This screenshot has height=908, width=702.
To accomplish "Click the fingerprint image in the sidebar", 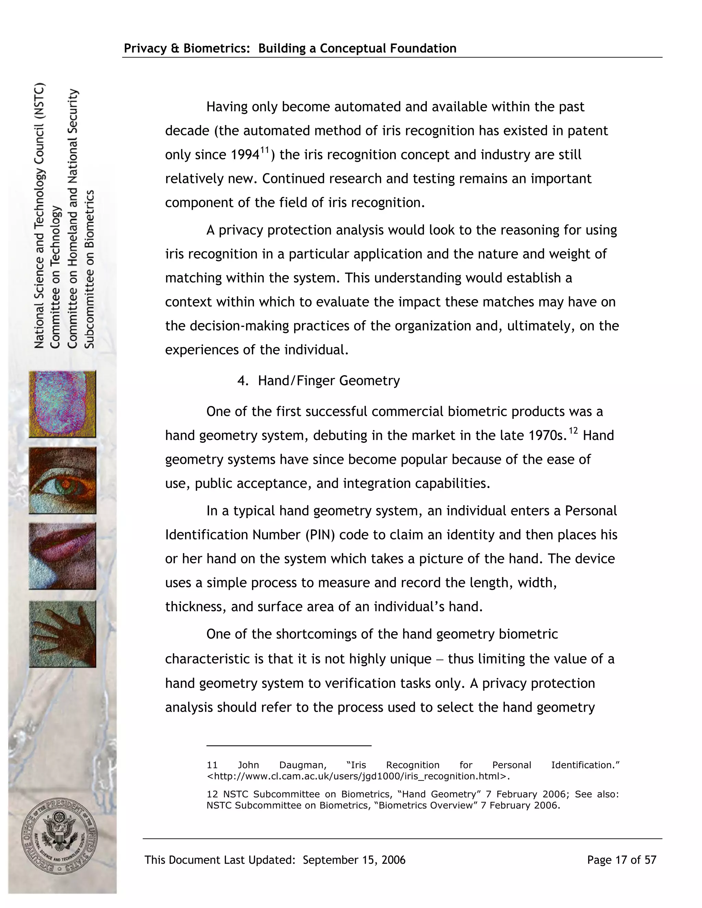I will coord(62,404).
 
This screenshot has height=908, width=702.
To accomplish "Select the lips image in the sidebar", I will coord(62,556).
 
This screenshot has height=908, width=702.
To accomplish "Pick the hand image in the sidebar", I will coord(62,634).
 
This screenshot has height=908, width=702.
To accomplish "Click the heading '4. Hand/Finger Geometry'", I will coord(318,381).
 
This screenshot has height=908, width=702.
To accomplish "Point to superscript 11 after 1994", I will coord(265,150).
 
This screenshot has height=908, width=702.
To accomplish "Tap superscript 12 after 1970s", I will coord(573,431).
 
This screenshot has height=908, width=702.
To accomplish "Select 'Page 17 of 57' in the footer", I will coord(621,860).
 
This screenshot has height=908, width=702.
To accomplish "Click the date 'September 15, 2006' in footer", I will coord(354,860).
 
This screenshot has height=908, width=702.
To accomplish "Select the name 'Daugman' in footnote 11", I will coord(303,765).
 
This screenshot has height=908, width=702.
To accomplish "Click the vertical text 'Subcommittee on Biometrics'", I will coord(90,269).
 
